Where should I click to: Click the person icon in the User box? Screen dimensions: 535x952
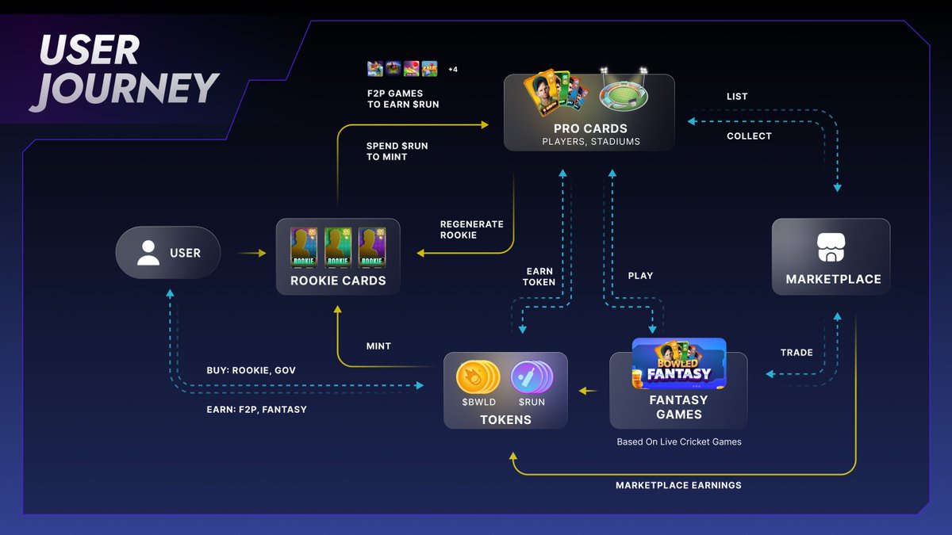point(148,253)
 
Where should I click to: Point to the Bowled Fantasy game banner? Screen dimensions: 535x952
point(679,364)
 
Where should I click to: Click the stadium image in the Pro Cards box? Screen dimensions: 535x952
point(624,96)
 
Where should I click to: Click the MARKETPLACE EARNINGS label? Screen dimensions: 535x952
point(678,485)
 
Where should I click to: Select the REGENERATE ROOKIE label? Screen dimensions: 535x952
point(472,229)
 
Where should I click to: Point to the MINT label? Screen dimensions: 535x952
point(378,346)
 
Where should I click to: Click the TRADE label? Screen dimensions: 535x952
point(797,353)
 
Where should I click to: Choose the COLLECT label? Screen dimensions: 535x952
point(749,136)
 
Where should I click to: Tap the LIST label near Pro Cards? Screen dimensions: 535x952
point(737,97)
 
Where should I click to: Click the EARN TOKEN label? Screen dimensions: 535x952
point(539,277)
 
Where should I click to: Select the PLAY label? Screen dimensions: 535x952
point(640,276)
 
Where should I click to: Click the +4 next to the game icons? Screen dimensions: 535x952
point(452,70)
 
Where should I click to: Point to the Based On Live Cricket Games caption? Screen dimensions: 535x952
point(679,441)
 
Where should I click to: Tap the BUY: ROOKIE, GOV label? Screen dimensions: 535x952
point(251,370)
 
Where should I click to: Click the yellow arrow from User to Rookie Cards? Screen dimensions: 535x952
point(252,254)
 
